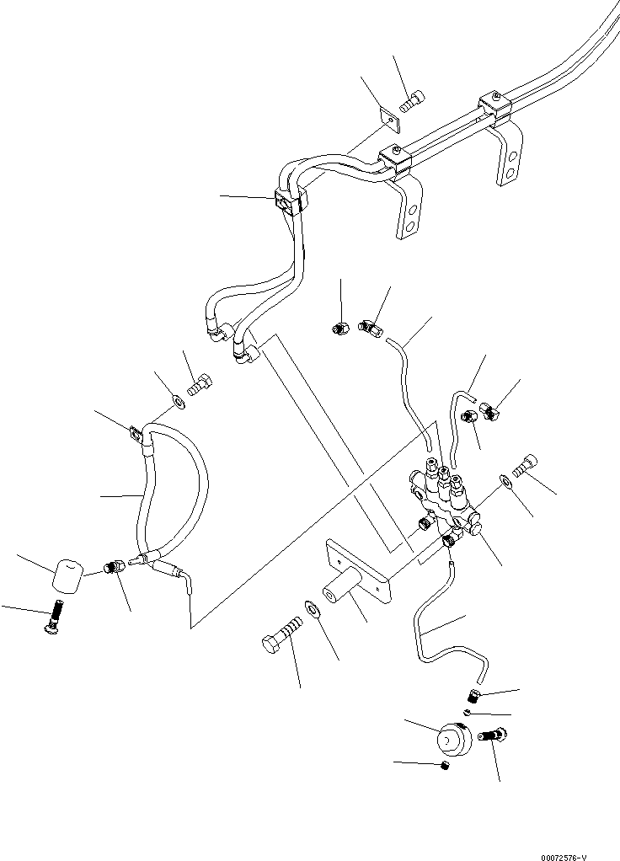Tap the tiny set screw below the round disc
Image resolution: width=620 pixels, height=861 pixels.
pyautogui.click(x=445, y=765)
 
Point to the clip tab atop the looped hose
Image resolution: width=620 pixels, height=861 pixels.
pyautogui.click(x=135, y=435)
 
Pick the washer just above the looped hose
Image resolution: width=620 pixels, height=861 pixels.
pyautogui.click(x=179, y=399)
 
